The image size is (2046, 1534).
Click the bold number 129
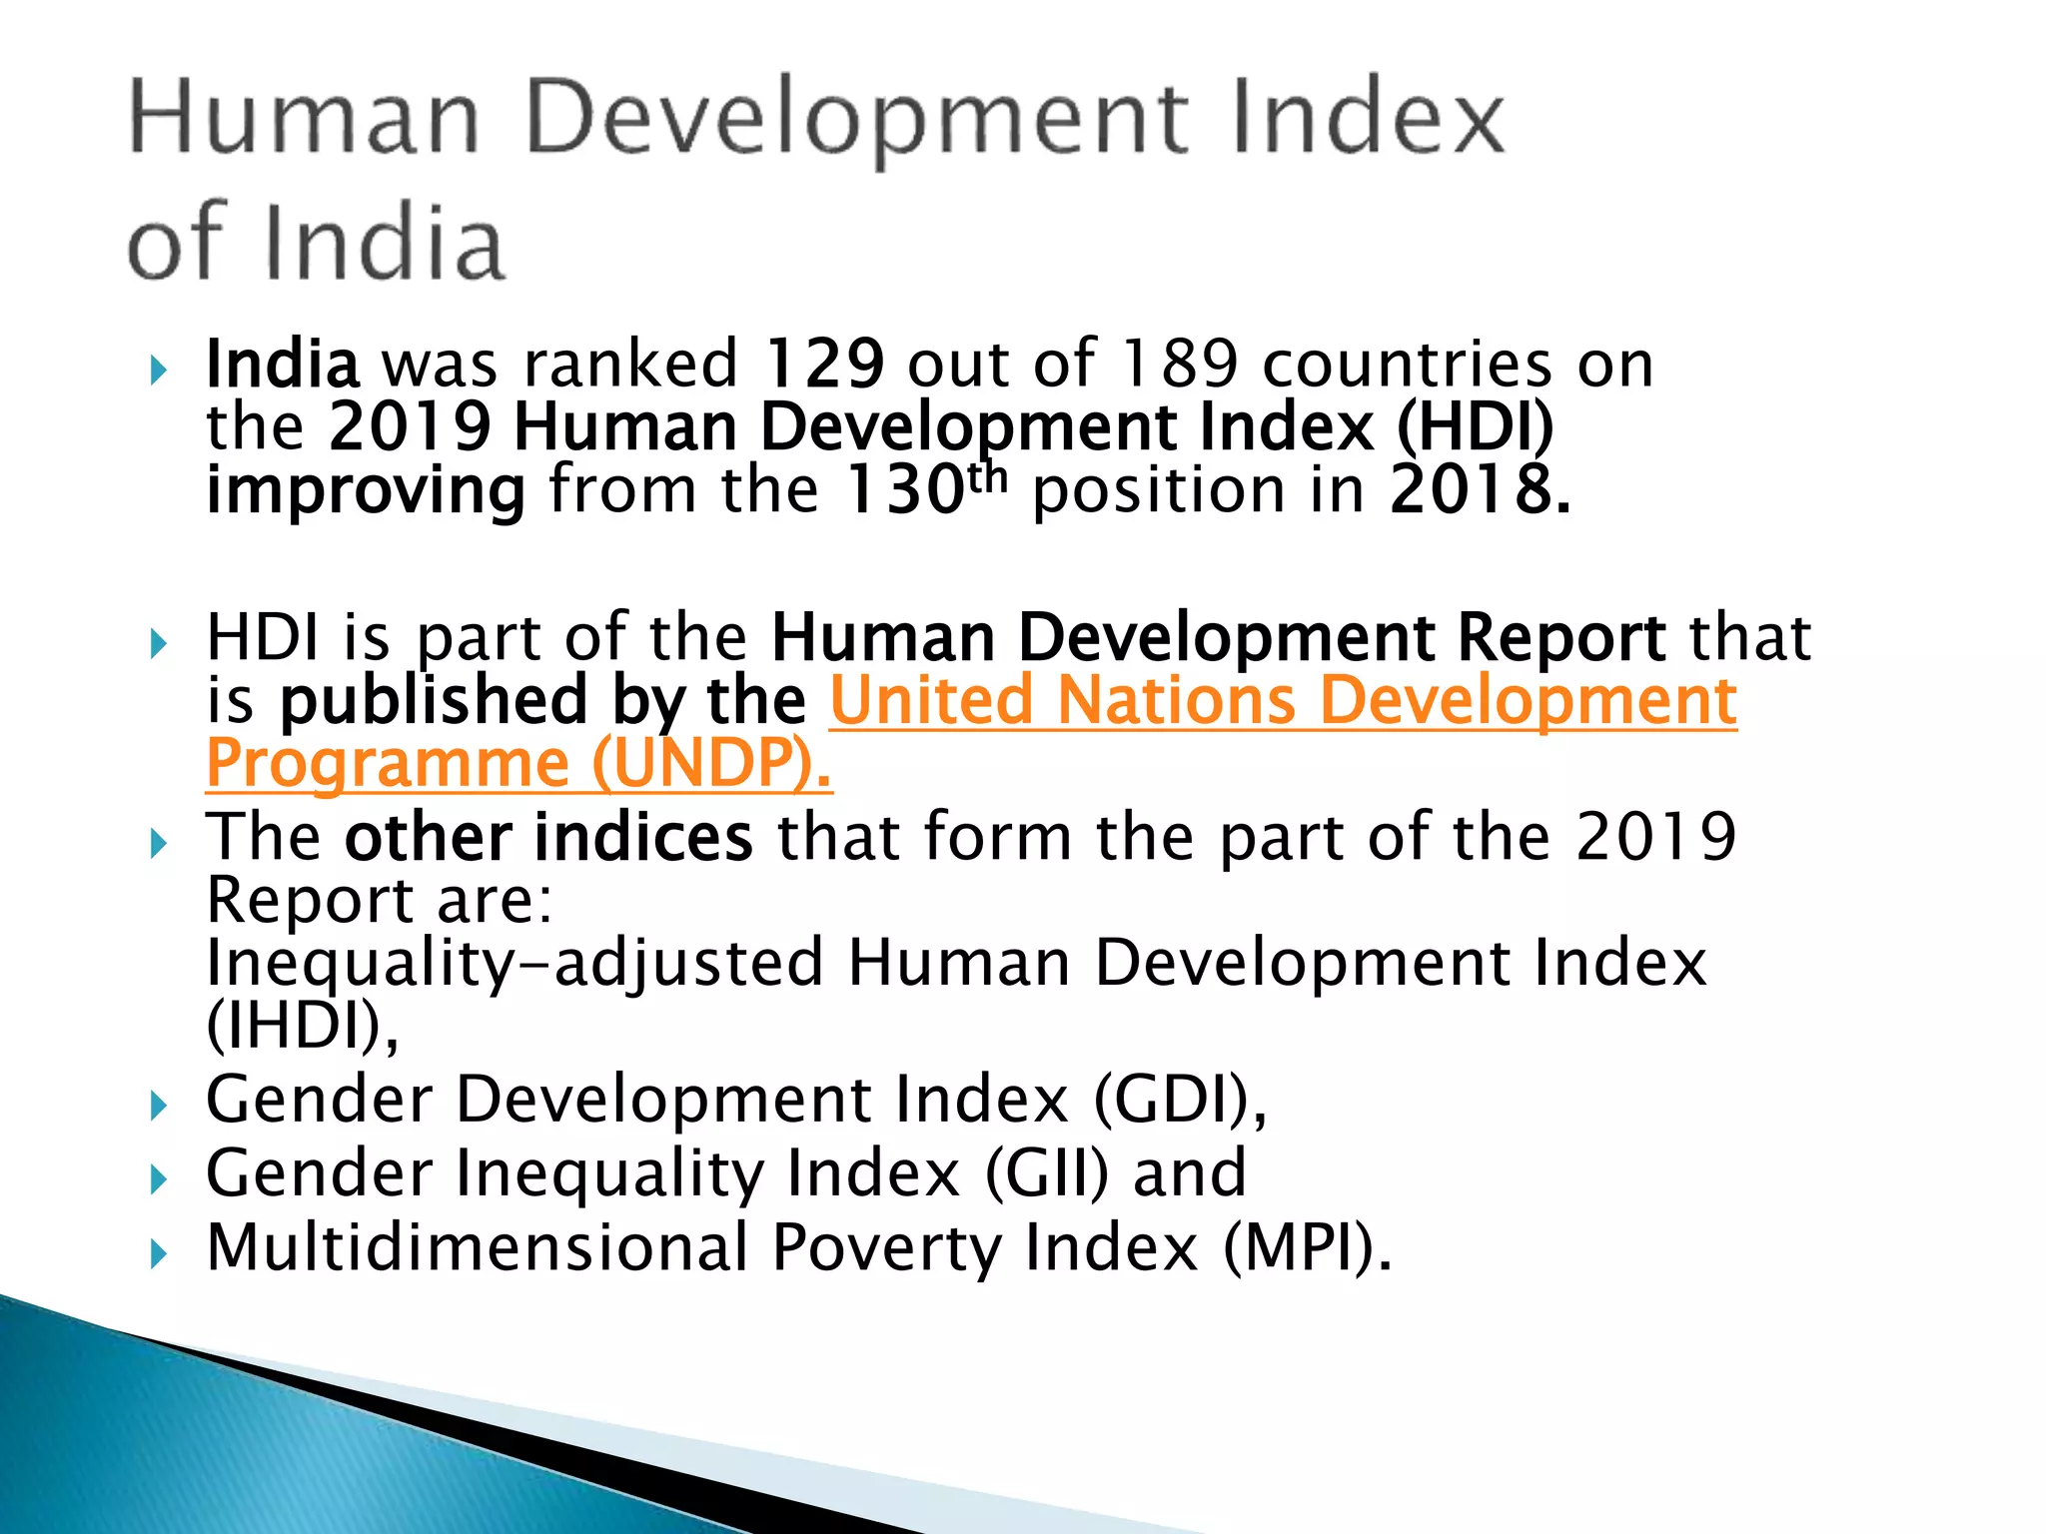(823, 364)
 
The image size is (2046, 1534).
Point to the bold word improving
(366, 491)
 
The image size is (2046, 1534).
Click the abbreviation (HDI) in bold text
(1475, 427)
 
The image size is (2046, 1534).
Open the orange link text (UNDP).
(711, 764)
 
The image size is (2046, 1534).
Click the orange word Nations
(1177, 700)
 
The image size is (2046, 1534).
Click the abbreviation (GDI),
(1180, 1100)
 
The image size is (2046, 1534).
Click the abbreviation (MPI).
(1307, 1247)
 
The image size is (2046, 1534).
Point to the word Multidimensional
(478, 1247)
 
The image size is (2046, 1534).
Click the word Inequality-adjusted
(513, 963)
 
